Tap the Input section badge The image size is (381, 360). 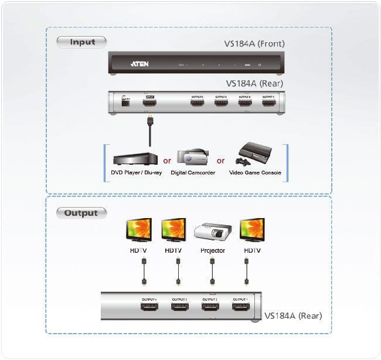click(x=82, y=42)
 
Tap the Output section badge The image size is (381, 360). click(x=81, y=212)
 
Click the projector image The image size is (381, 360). click(x=210, y=231)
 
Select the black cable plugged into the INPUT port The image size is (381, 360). click(x=150, y=132)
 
